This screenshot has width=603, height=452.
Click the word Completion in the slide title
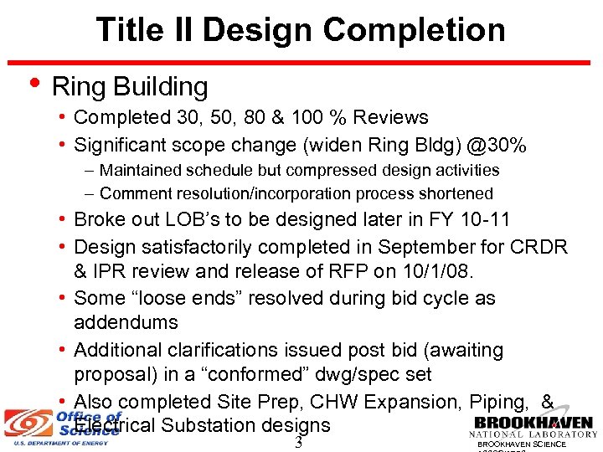pyautogui.click(x=415, y=30)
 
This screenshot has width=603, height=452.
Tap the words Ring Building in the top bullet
pyautogui.click(x=130, y=86)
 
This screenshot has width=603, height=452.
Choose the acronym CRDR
pyautogui.click(x=537, y=247)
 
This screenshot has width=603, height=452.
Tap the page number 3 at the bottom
pyautogui.click(x=298, y=443)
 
